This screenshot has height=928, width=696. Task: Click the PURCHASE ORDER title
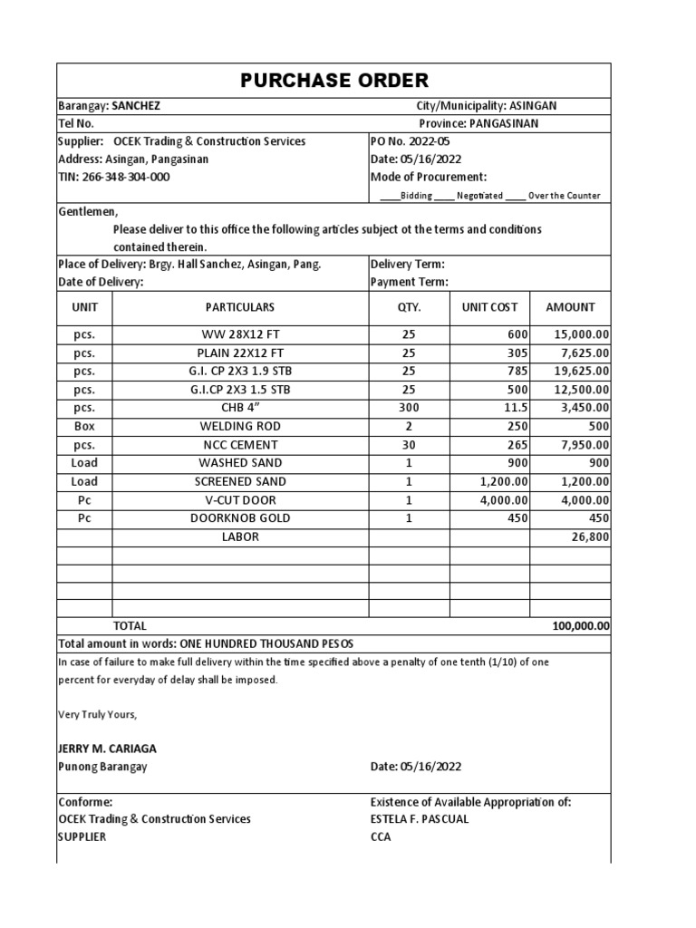[334, 80]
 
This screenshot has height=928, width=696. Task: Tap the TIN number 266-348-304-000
[113, 177]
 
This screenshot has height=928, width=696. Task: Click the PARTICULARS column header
[239, 307]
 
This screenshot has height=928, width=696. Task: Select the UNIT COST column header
[489, 307]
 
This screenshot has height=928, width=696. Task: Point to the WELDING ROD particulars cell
[239, 427]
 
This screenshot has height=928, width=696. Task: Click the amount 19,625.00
[581, 372]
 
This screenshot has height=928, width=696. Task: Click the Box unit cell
[84, 427]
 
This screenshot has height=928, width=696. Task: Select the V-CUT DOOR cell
[239, 500]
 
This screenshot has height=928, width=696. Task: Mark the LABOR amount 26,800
[588, 537]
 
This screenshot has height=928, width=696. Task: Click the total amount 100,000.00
[580, 626]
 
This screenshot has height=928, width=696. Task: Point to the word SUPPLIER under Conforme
[82, 837]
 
